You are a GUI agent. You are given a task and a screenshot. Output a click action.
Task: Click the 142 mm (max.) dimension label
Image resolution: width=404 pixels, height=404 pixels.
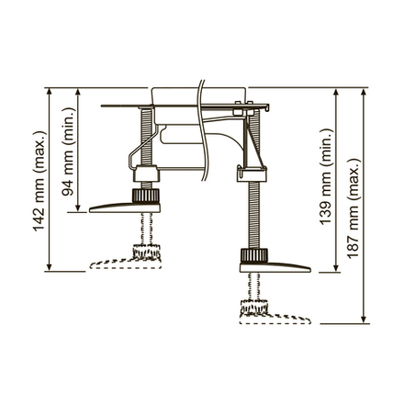click(x=38, y=181)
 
